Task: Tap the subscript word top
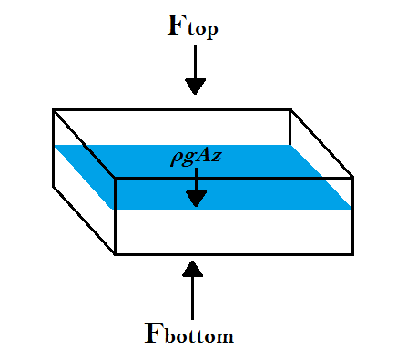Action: click(200, 30)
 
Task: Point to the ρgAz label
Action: click(197, 157)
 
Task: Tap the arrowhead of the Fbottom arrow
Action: click(192, 267)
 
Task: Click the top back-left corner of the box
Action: click(53, 109)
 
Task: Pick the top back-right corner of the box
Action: click(290, 109)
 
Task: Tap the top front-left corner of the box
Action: click(114, 177)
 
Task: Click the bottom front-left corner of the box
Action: click(114, 254)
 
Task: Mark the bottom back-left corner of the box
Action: click(53, 187)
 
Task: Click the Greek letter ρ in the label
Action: click(174, 159)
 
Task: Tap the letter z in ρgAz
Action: click(218, 158)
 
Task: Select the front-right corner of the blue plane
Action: click(351, 209)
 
